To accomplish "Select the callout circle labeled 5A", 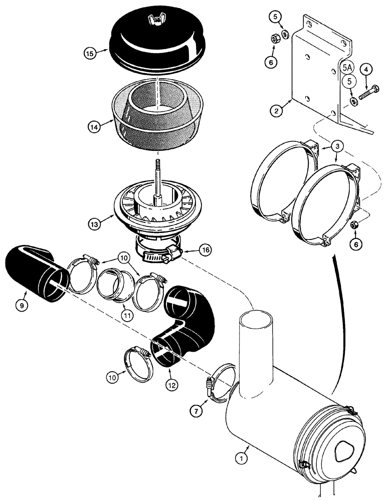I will (347, 66).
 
